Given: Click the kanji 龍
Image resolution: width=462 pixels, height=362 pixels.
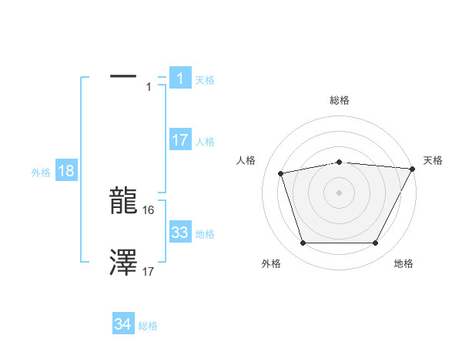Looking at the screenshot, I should pos(123,203).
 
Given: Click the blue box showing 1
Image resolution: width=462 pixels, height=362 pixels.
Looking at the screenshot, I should pos(179,78).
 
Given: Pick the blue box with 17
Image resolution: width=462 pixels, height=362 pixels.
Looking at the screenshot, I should pos(179,140).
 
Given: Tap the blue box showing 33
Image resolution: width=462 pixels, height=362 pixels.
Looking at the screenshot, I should pos(179,233).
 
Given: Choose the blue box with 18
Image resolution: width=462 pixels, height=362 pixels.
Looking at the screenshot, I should pos(66,171).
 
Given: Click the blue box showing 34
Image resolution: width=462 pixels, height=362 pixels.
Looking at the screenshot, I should pos(122,325).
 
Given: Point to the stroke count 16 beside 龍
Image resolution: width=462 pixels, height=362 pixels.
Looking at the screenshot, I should pos(149,209).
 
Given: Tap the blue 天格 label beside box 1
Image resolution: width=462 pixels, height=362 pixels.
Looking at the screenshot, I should pos(205,79).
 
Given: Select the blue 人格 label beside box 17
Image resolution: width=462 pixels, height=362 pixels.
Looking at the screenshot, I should pos(205,142).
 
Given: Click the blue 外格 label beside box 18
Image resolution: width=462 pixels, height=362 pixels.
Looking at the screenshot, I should pos(41,173).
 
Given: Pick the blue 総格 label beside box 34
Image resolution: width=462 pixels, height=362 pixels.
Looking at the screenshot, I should pos(148,327).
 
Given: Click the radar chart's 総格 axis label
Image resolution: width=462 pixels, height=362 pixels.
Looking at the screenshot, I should pos(340,100).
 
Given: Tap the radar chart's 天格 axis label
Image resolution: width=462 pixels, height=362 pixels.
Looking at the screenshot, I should pos(433,160).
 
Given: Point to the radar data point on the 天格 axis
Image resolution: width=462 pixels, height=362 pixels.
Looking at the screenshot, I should pos(413,169).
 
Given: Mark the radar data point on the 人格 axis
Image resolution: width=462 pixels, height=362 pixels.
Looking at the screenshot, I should pos(280,173).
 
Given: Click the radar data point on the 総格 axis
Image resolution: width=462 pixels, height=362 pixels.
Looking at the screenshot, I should pos(340,162).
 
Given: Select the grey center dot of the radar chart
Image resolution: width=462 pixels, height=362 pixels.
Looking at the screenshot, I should pos(340,193).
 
